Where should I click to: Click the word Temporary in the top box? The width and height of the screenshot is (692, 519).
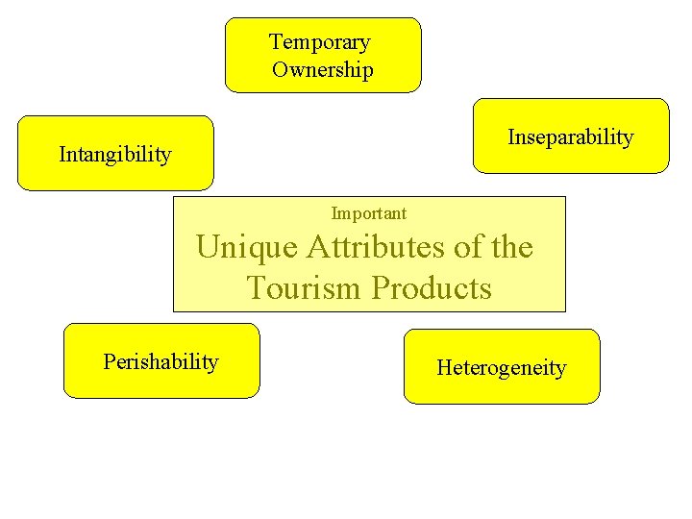[x=319, y=42]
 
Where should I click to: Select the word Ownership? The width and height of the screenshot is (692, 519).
[x=323, y=70]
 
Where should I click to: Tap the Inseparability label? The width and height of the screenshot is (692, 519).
[x=570, y=137]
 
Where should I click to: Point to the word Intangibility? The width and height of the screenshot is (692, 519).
[x=115, y=154]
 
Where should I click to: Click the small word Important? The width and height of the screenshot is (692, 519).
[x=369, y=213]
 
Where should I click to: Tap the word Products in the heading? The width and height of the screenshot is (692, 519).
[x=432, y=287]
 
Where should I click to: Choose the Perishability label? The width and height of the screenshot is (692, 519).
[x=161, y=362]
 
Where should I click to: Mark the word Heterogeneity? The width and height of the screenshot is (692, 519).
[x=502, y=367]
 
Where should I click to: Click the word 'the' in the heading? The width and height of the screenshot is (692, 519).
[x=511, y=248]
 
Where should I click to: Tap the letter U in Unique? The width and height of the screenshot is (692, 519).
[x=207, y=248]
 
